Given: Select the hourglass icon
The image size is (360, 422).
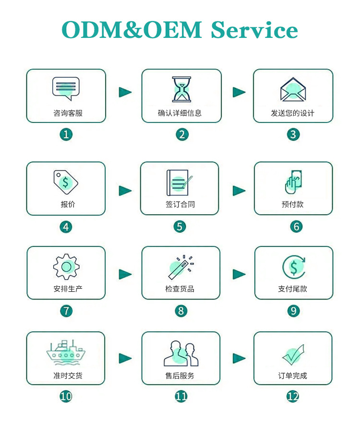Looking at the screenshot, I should pos(181,89).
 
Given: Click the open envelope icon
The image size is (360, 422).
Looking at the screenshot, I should pos(293,89).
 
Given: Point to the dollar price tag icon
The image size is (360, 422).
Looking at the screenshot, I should pos(65,181).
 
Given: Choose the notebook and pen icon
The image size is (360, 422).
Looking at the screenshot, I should pos(180,182).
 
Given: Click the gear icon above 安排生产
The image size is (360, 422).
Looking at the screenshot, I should pos(66,266).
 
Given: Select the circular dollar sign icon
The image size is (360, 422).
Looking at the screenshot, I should pos(293,267).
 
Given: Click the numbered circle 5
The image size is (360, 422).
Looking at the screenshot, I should pos(180,226).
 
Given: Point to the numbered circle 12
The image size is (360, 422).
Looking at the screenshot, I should pos(293,397).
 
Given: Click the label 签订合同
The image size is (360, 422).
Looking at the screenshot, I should pos(180,205).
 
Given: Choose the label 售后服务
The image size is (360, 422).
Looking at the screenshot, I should pos(180,375).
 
